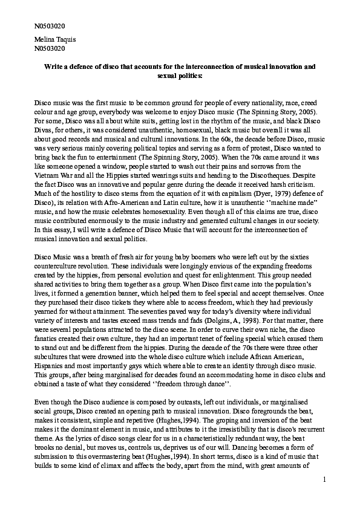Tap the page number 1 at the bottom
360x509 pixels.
[x=324, y=480]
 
